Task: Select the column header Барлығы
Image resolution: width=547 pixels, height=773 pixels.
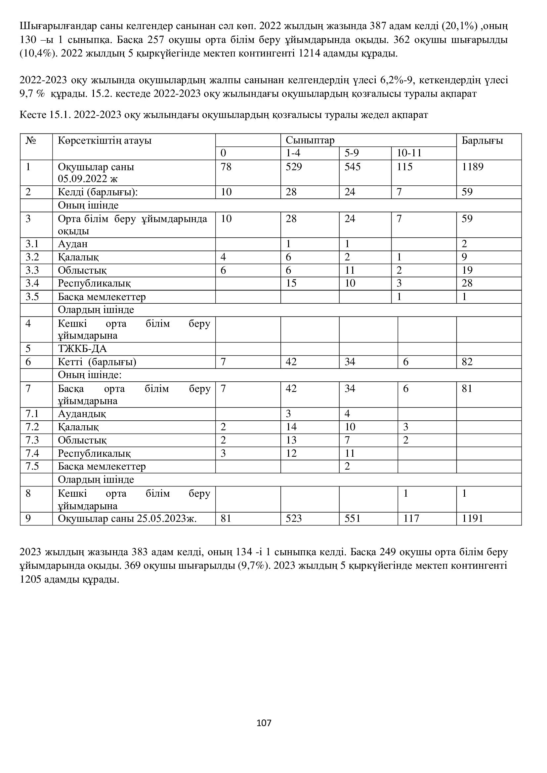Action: click(482, 140)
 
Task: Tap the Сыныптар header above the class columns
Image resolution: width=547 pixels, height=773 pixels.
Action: click(310, 140)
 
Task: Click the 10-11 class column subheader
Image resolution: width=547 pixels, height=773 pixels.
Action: click(409, 153)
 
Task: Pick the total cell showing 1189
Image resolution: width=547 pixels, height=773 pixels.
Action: click(473, 167)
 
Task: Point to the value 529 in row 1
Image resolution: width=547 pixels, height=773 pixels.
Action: click(294, 167)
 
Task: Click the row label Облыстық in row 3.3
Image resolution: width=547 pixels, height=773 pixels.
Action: click(82, 270)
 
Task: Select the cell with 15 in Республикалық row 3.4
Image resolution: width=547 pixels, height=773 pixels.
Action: click(291, 283)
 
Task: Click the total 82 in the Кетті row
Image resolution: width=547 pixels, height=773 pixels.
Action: click(467, 362)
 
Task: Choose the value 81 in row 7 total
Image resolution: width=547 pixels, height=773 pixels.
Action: click(467, 389)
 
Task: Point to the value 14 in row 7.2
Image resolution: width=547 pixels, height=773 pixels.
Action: click(291, 427)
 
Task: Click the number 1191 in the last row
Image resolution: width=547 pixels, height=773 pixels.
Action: click(473, 518)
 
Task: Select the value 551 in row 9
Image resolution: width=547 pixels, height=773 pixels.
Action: click(352, 518)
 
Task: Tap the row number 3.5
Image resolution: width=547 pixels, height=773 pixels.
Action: click(32, 296)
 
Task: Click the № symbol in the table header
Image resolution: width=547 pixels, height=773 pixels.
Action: click(31, 140)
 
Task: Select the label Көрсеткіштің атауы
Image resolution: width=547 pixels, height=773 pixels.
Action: click(105, 140)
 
